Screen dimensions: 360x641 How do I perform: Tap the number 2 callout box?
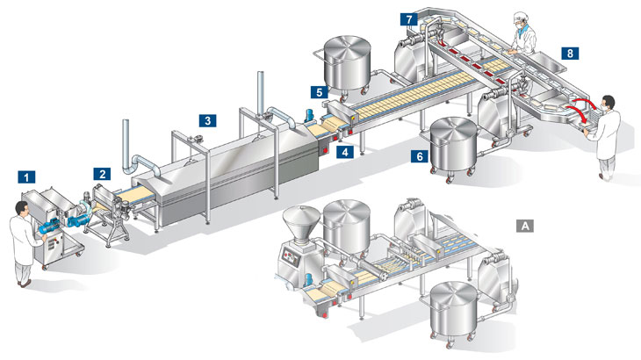(103, 174)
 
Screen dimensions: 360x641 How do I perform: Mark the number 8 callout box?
(571, 53)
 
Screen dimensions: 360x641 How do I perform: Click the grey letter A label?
(526, 226)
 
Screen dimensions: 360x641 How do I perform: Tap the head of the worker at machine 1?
(23, 209)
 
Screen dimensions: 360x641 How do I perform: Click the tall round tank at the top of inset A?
(347, 224)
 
